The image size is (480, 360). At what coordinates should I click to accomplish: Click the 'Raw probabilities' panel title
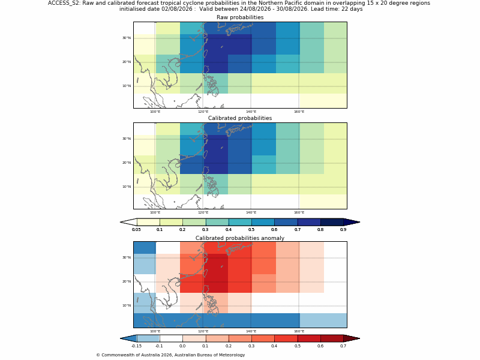[x=240, y=17]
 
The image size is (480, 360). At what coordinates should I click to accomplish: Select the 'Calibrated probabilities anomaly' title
[x=240, y=238]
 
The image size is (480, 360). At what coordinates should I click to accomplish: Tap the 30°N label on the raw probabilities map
[x=127, y=38]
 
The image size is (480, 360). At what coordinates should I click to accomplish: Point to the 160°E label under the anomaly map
[x=299, y=331]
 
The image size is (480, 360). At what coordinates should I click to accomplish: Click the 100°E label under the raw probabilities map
[x=155, y=112]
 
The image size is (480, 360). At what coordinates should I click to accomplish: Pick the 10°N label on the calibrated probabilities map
[x=127, y=187]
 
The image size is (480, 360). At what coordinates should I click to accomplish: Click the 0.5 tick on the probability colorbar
[x=251, y=230]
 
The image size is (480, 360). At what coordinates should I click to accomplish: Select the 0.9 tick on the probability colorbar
[x=343, y=230]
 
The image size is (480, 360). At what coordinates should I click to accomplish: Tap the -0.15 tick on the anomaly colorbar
[x=136, y=346]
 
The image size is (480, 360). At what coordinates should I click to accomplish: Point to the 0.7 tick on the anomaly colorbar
[x=343, y=346]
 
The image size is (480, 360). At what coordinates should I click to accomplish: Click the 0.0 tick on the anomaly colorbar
[x=182, y=346]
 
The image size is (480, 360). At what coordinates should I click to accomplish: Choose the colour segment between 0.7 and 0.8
[x=309, y=222]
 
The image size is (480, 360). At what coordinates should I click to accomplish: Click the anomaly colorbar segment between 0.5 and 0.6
[x=309, y=338]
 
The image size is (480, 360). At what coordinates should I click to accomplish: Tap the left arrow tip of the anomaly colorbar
[x=121, y=338]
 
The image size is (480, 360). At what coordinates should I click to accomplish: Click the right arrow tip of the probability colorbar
[x=359, y=222]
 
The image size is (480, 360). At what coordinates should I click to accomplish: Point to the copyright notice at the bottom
[x=170, y=355]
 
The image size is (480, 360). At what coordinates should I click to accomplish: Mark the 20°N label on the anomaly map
[x=127, y=281]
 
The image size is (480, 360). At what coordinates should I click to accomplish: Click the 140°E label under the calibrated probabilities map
[x=251, y=212]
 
